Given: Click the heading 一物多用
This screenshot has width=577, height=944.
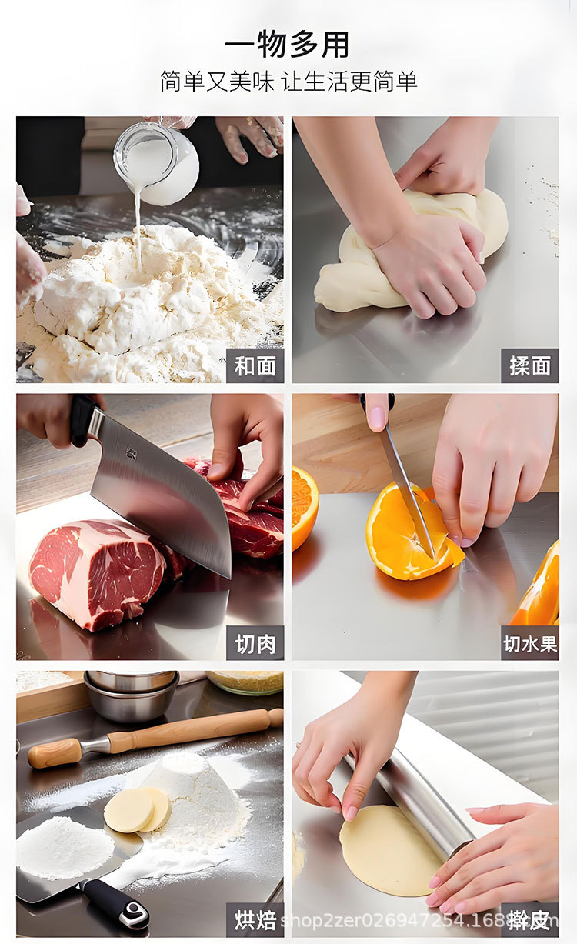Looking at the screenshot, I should [x=288, y=45].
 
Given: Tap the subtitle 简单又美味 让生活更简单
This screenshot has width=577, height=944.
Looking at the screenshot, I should [x=288, y=81].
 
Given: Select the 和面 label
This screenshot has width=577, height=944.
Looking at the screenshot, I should [x=255, y=366].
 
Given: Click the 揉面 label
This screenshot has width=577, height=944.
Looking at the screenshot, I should [x=529, y=366].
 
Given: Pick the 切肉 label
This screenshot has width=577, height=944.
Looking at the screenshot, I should [x=255, y=643].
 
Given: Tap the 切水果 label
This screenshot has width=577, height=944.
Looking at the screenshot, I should [x=529, y=643].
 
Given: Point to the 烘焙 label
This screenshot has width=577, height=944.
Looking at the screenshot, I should [x=255, y=919].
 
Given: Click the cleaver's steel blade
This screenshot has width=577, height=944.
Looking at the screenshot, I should [x=165, y=492].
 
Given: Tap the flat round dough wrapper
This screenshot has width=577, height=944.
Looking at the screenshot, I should [x=389, y=850].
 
